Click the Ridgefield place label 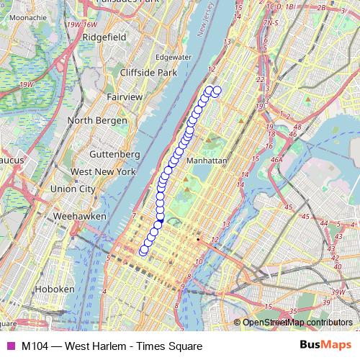point(104,36)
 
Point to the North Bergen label point(97,120)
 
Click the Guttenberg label point(115,154)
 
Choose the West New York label point(103,172)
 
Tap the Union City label point(72,189)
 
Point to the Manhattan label point(207,161)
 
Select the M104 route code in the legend point(35,346)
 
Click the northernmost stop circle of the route point(216,90)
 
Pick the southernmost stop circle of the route point(143,251)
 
